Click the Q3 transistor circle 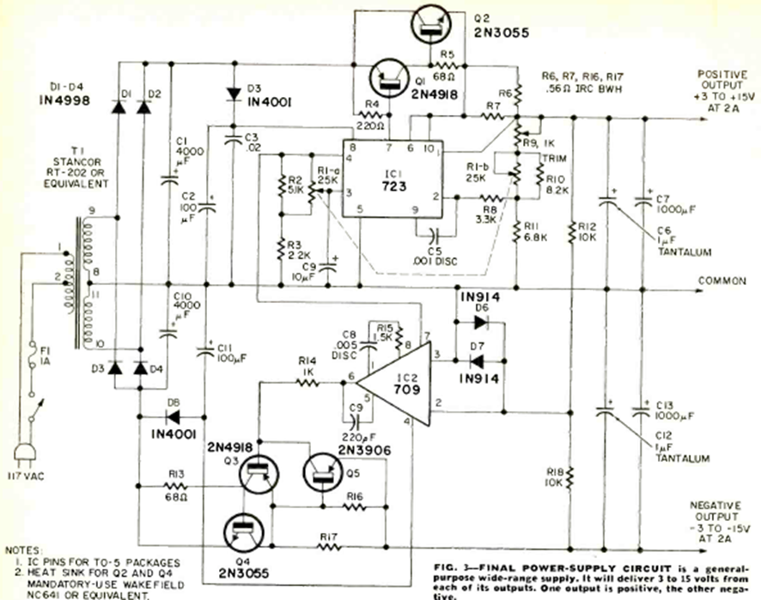coord(258,472)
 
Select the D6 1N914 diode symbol coord(474,324)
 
